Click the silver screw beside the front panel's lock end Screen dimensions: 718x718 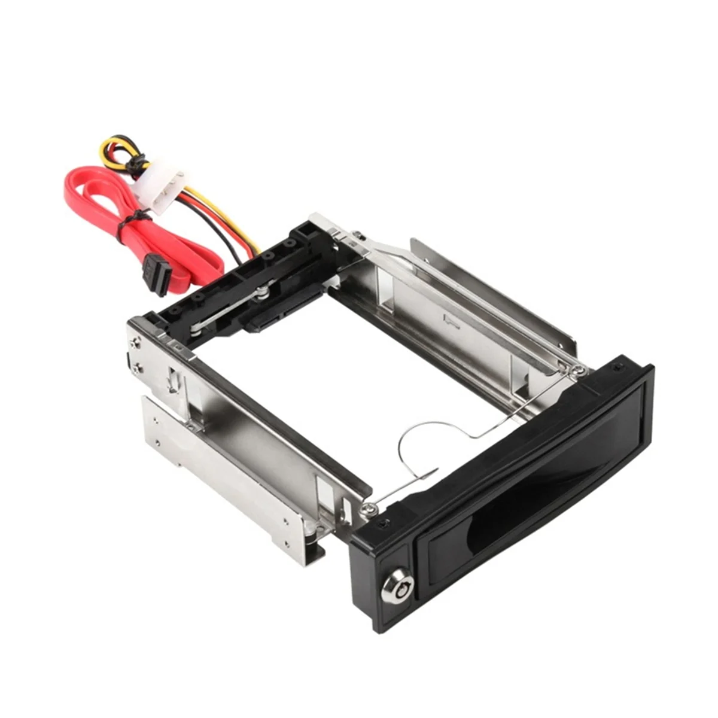[366, 510]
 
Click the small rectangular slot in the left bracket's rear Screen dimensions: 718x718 [172, 379]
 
